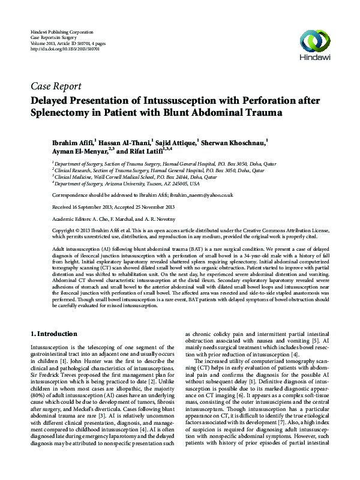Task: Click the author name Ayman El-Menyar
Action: pos(74,152)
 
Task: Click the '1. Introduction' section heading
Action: pos(53,333)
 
